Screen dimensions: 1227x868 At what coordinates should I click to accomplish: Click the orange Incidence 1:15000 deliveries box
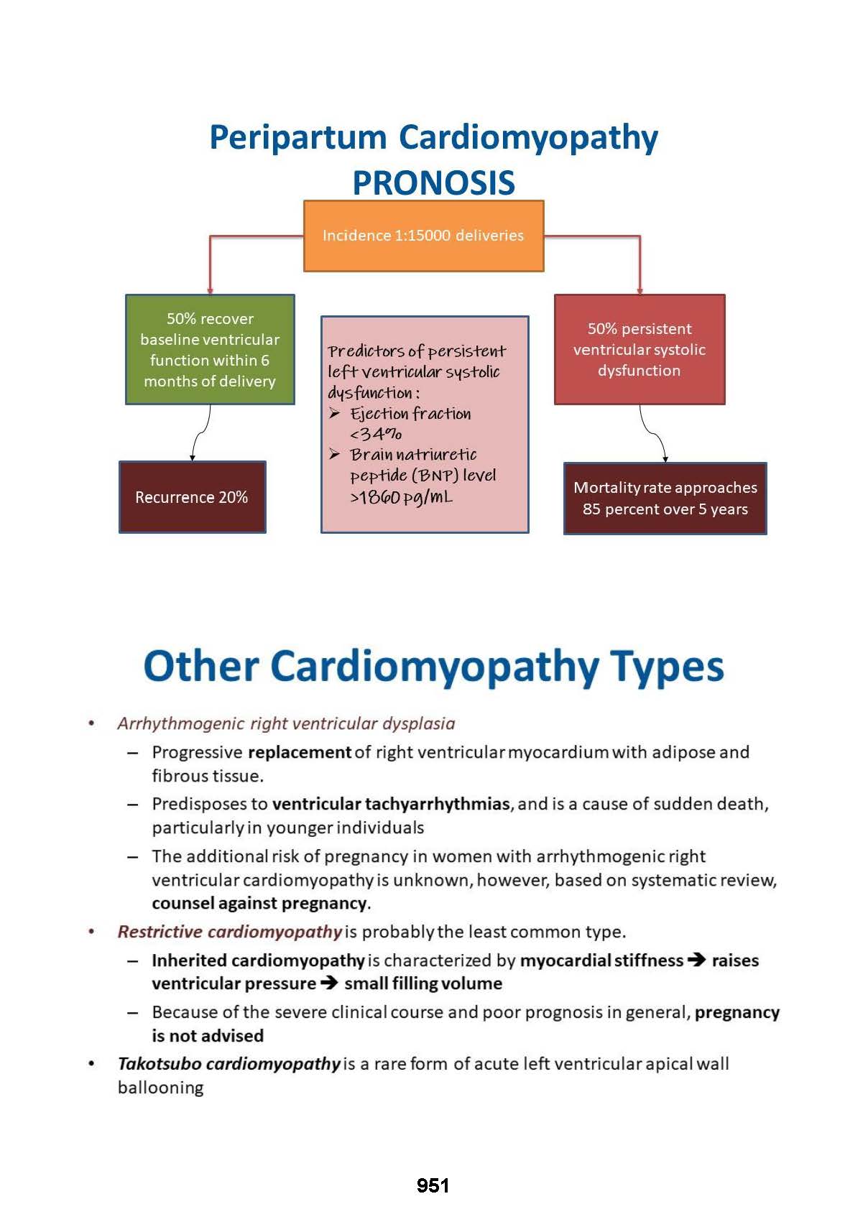pos(423,236)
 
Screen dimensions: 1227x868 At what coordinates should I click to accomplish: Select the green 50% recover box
pos(210,349)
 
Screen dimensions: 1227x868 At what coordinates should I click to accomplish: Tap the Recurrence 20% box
pos(192,497)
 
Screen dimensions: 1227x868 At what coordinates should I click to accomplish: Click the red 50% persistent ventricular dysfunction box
pos(640,349)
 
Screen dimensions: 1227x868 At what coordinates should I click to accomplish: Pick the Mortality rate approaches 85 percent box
pos(665,498)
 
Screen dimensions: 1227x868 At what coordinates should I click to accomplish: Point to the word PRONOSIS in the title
pos(433,182)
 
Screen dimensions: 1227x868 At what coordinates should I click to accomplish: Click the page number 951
pos(433,1185)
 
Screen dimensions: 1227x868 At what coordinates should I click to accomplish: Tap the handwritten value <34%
pos(376,434)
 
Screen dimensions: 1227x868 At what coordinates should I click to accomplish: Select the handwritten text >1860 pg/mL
pos(401,497)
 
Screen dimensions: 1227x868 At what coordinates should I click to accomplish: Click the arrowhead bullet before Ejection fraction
pos(335,413)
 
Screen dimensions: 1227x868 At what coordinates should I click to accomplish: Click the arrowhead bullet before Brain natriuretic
pos(335,454)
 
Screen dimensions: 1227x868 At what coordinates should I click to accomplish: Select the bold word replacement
pos(300,752)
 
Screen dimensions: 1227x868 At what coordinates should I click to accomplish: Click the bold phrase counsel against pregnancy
pos(260,903)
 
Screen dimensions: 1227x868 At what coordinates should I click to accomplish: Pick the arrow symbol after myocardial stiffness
pos(696,960)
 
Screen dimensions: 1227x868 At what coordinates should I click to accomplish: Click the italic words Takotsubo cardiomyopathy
pos(228,1064)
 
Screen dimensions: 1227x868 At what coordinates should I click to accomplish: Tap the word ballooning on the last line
pos(161,1088)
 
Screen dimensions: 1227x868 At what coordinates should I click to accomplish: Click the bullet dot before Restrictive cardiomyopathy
pos(91,932)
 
